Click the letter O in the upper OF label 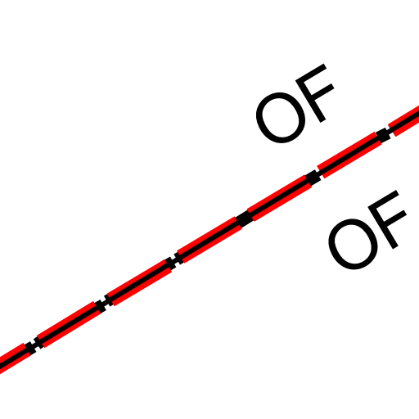[281, 118]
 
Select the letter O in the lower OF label [354, 244]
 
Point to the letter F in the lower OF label [386, 219]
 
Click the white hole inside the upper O [281, 118]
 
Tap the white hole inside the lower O [354, 244]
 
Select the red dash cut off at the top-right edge [404, 120]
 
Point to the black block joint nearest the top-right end [383, 135]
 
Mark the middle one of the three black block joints [313, 178]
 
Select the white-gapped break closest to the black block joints [174, 261]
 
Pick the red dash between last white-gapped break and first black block [209, 240]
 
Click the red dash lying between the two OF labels [349, 155]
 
